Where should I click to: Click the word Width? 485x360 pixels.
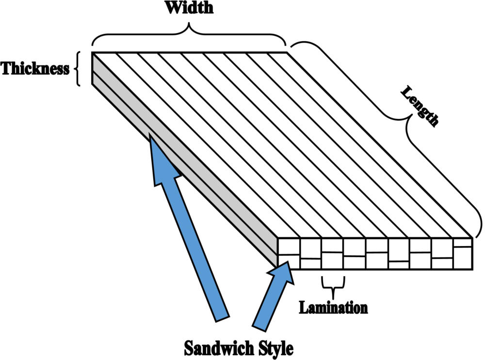[x=189, y=8]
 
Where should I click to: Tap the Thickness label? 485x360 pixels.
[x=35, y=69]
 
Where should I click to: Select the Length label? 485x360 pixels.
[x=420, y=107]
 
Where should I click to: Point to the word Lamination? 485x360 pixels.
[x=333, y=308]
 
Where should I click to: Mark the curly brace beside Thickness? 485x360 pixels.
[x=79, y=69]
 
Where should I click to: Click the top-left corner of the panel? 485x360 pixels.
[x=92, y=52]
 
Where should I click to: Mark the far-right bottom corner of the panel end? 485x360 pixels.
[x=472, y=268]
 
